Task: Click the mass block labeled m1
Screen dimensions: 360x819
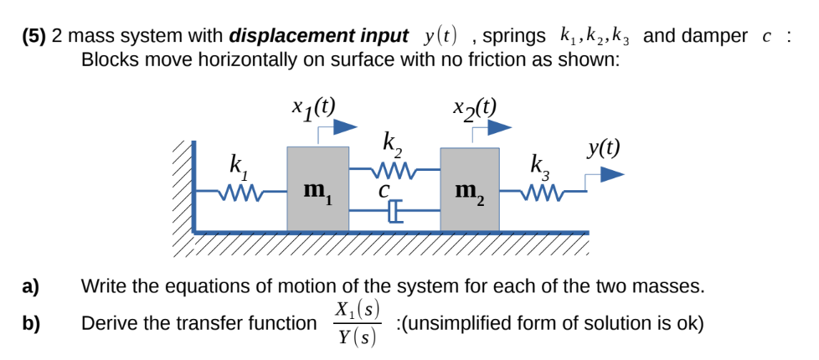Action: pyautogui.click(x=318, y=189)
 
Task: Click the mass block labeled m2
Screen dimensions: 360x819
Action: pyautogui.click(x=470, y=189)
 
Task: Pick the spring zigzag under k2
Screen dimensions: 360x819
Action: pyautogui.click(x=392, y=171)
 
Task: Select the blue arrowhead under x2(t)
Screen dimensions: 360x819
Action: pyautogui.click(x=500, y=127)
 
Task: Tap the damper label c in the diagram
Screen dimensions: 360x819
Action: pyautogui.click(x=384, y=192)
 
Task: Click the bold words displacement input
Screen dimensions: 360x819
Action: pyautogui.click(x=317, y=37)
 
